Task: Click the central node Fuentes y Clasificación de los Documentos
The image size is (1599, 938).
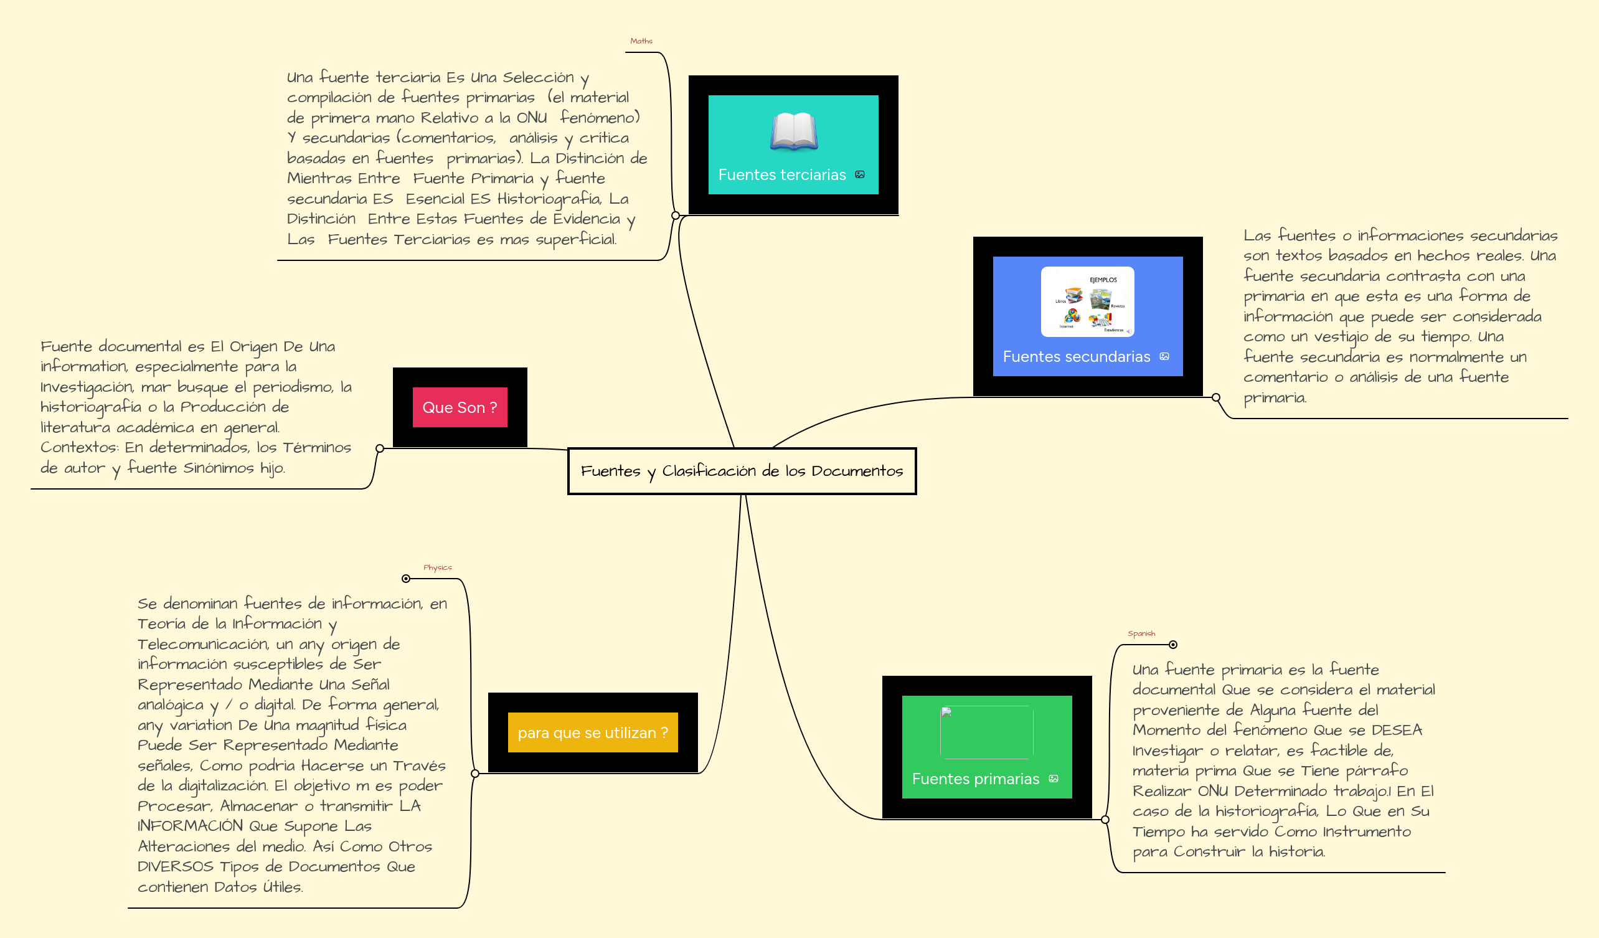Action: click(x=741, y=471)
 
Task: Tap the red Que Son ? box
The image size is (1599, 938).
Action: click(x=460, y=407)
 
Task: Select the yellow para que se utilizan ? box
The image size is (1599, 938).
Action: click(x=592, y=732)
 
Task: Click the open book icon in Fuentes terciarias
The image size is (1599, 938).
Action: click(x=793, y=132)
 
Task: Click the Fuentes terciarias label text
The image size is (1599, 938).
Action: click(x=781, y=175)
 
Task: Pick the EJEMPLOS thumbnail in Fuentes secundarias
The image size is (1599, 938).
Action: click(x=1087, y=301)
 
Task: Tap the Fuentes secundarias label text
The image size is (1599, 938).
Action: click(x=1076, y=357)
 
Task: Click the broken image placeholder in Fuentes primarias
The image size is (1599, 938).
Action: click(x=986, y=732)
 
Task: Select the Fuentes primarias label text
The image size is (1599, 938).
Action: click(x=975, y=779)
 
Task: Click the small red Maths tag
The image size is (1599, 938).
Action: click(x=641, y=41)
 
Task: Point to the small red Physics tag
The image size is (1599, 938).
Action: click(x=437, y=567)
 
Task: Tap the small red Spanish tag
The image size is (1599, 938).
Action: click(x=1141, y=633)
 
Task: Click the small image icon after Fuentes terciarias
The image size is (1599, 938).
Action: click(x=860, y=174)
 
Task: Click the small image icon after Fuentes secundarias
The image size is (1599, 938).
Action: click(x=1164, y=356)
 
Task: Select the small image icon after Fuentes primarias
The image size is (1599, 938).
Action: click(x=1054, y=779)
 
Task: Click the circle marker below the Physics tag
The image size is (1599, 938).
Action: click(x=406, y=579)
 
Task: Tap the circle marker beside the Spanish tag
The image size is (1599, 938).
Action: click(x=1173, y=645)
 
